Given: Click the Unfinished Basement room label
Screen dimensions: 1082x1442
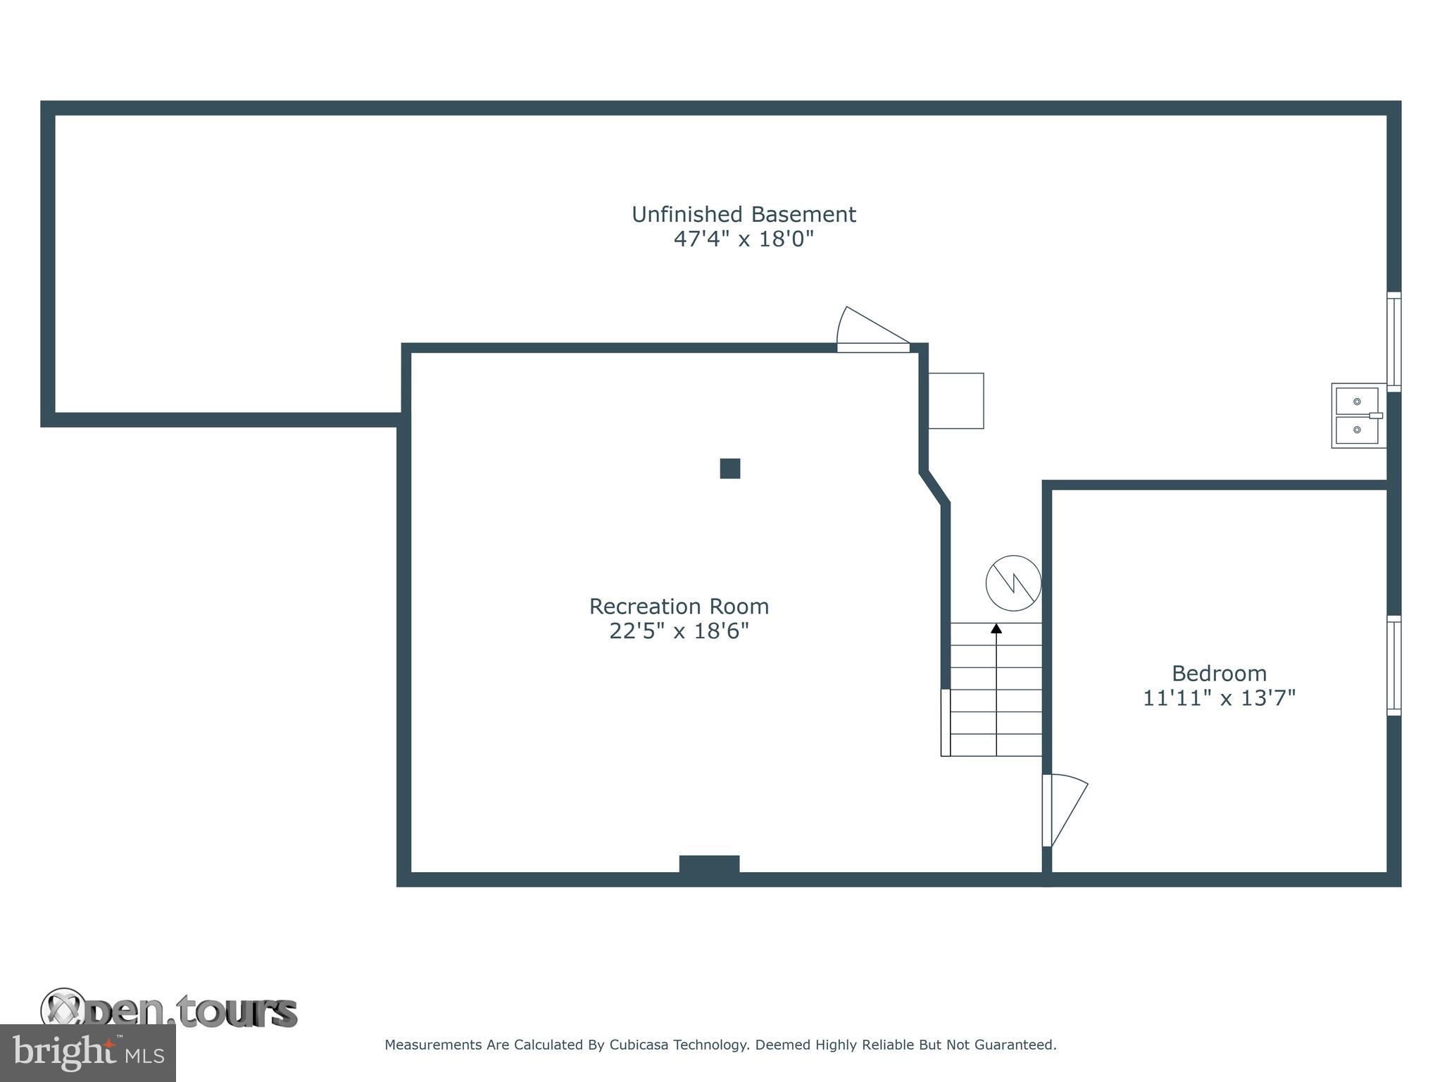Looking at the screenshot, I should pyautogui.click(x=743, y=214).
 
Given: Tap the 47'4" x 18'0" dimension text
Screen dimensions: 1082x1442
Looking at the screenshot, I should pyautogui.click(x=743, y=240).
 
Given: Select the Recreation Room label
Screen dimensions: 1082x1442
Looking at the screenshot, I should pyautogui.click(x=679, y=607).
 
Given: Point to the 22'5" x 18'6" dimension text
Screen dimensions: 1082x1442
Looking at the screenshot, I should pyautogui.click(x=679, y=631).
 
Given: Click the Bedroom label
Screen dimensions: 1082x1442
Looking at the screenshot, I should pyautogui.click(x=1219, y=673).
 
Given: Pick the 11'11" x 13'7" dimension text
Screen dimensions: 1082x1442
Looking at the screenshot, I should pyautogui.click(x=1219, y=698).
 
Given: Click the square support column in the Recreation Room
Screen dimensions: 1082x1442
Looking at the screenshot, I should pyautogui.click(x=730, y=468).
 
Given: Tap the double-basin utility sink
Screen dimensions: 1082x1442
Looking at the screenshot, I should pyautogui.click(x=1358, y=416).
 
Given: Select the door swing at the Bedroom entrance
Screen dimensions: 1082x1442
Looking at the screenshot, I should pyautogui.click(x=1065, y=810).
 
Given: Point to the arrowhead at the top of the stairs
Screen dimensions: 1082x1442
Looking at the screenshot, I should pyautogui.click(x=996, y=628).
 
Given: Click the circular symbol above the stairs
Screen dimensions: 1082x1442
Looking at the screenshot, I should pyautogui.click(x=1013, y=583).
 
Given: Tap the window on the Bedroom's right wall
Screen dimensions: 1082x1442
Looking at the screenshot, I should pyautogui.click(x=1393, y=666).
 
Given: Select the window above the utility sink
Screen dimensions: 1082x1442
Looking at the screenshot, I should pyautogui.click(x=1393, y=342).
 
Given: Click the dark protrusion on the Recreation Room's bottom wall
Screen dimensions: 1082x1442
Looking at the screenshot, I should pyautogui.click(x=709, y=864).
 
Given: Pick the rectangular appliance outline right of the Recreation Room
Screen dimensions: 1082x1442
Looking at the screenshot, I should pyautogui.click(x=955, y=401).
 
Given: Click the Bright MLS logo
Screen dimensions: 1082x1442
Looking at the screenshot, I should pyautogui.click(x=88, y=1052).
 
